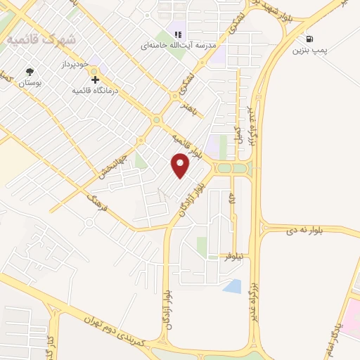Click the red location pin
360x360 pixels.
(x=181, y=166)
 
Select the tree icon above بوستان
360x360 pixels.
(x=29, y=72)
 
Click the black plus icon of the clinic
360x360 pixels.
(x=96, y=79)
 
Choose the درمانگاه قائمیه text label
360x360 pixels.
(x=96, y=91)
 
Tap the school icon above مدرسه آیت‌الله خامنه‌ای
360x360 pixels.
(x=177, y=34)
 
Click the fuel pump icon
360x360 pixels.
(x=309, y=39)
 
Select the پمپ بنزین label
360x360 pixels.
(x=310, y=51)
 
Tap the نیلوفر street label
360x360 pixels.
(x=233, y=257)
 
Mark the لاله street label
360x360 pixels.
(x=231, y=201)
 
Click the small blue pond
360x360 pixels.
(x=231, y=286)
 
